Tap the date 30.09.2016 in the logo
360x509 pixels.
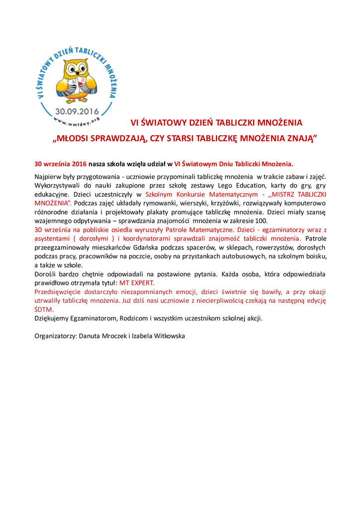point(77,111)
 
